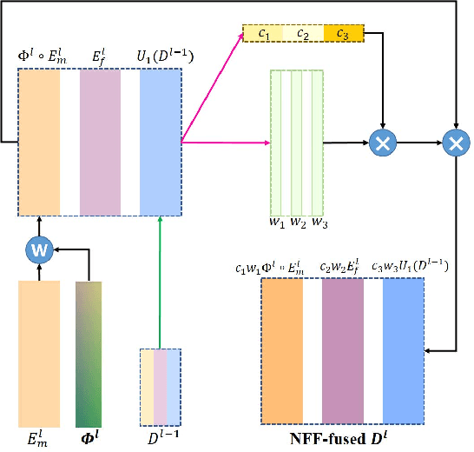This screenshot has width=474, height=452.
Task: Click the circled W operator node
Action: tap(37, 250)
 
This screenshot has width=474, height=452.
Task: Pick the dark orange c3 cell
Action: tap(344, 34)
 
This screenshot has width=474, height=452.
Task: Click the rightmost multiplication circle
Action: tap(454, 140)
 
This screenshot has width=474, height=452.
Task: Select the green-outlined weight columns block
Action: tap(296, 143)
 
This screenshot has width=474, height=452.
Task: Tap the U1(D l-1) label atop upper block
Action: tap(164, 57)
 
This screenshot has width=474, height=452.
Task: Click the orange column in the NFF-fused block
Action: tap(282, 350)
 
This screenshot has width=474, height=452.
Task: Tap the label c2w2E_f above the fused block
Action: tap(343, 266)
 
